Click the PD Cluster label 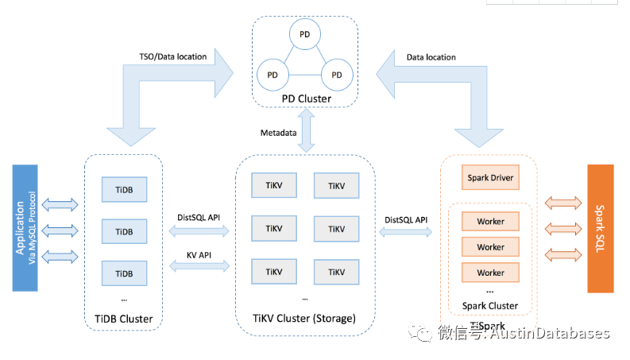click(306, 99)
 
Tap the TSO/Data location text click(172, 56)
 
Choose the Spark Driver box click(490, 178)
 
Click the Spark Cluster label click(490, 306)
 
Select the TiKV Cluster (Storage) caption click(306, 319)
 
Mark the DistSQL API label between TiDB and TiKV click(199, 217)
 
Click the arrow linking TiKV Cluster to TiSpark click(406, 233)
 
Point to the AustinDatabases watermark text click(549, 334)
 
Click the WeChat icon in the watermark click(421, 334)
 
